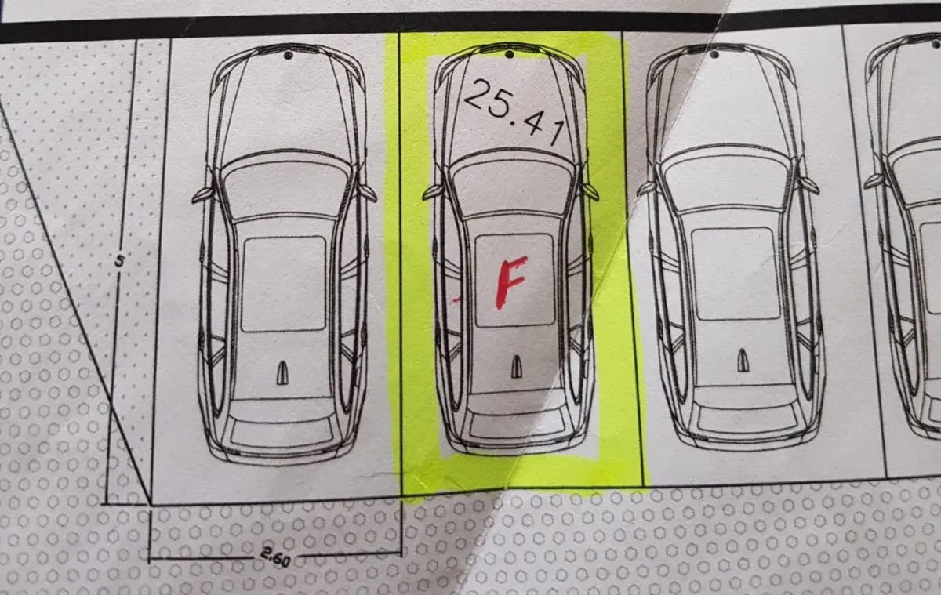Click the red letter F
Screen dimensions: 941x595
click(510, 282)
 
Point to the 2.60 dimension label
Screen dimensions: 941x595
click(275, 557)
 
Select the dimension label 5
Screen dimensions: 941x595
click(120, 262)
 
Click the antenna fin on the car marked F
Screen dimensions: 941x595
click(516, 367)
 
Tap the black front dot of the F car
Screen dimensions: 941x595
click(510, 54)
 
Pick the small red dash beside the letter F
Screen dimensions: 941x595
click(456, 299)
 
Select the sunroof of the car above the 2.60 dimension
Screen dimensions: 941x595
click(284, 285)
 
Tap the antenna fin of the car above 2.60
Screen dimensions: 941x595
click(282, 373)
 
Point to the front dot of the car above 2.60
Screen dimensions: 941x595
click(289, 55)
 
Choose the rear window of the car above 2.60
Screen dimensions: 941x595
click(282, 433)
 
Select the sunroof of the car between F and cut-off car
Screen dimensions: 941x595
click(736, 274)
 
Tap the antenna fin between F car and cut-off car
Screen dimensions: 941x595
click(743, 361)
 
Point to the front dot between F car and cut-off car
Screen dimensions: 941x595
click(714, 54)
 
